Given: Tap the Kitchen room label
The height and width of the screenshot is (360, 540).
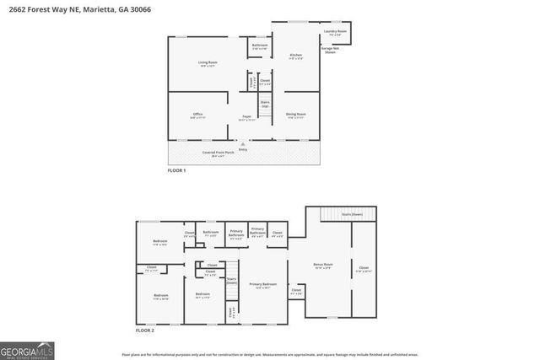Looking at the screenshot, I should [x=295, y=56].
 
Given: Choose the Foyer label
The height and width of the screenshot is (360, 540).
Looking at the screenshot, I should [x=247, y=117].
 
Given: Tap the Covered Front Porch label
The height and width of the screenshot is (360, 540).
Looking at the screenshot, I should [x=217, y=153].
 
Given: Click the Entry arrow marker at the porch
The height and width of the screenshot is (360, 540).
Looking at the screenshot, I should [x=243, y=145].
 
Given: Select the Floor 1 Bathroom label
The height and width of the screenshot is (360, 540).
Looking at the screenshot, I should [x=260, y=46].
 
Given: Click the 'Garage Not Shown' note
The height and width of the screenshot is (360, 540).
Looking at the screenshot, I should [x=331, y=50].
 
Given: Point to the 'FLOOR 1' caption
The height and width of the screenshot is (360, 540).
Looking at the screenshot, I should [x=175, y=171].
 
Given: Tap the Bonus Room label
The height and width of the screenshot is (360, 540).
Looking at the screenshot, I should [x=323, y=264].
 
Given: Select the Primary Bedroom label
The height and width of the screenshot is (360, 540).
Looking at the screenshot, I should [x=262, y=285].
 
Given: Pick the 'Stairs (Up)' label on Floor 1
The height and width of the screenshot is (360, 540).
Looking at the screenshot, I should [x=265, y=104].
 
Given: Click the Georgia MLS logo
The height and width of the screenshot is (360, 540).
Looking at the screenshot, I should [x=27, y=347].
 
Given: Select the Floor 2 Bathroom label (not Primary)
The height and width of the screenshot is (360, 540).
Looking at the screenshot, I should [x=211, y=233].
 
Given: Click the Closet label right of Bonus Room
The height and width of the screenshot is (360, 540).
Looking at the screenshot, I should [x=362, y=269].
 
